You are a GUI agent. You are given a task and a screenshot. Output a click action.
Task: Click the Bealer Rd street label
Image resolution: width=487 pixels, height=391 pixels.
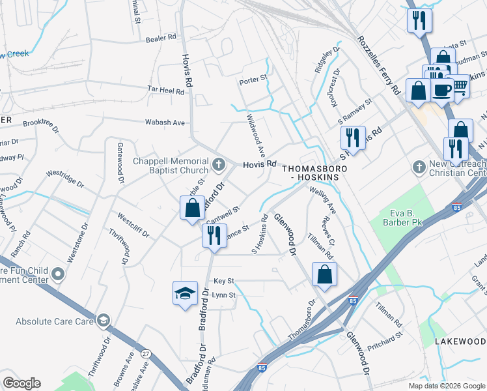pos(161,38)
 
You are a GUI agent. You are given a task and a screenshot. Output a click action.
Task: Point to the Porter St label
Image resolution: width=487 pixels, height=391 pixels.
pos(253,80)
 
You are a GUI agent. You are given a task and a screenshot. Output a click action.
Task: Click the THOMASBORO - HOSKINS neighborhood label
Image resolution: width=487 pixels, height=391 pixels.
pos(311,172)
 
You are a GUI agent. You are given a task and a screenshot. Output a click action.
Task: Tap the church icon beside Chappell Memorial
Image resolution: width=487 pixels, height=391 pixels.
pos(219,163)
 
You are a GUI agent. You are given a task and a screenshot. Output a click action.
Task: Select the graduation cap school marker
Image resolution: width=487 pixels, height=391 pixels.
pos(185,293)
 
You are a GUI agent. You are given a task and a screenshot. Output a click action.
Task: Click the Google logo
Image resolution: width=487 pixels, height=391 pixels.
pos(21,383)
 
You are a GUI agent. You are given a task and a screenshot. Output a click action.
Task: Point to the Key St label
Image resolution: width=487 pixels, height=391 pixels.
pos(223,281)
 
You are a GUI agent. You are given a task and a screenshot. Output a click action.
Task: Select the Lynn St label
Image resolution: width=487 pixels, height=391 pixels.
pos(223,295)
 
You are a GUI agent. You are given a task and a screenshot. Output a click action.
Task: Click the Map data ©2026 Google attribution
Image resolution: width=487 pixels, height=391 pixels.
pos(447,386)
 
